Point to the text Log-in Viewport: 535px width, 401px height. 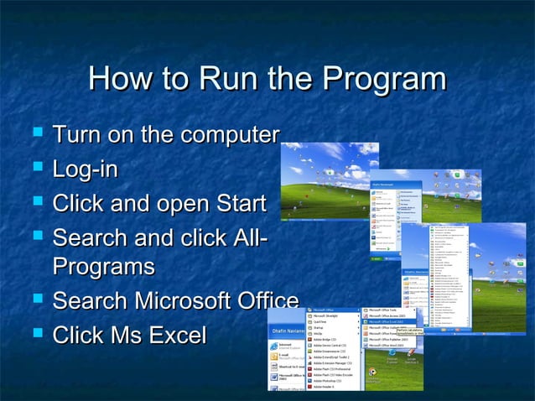pyautogui.click(x=85, y=169)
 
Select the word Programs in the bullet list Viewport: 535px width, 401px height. pyautogui.click(x=103, y=268)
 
